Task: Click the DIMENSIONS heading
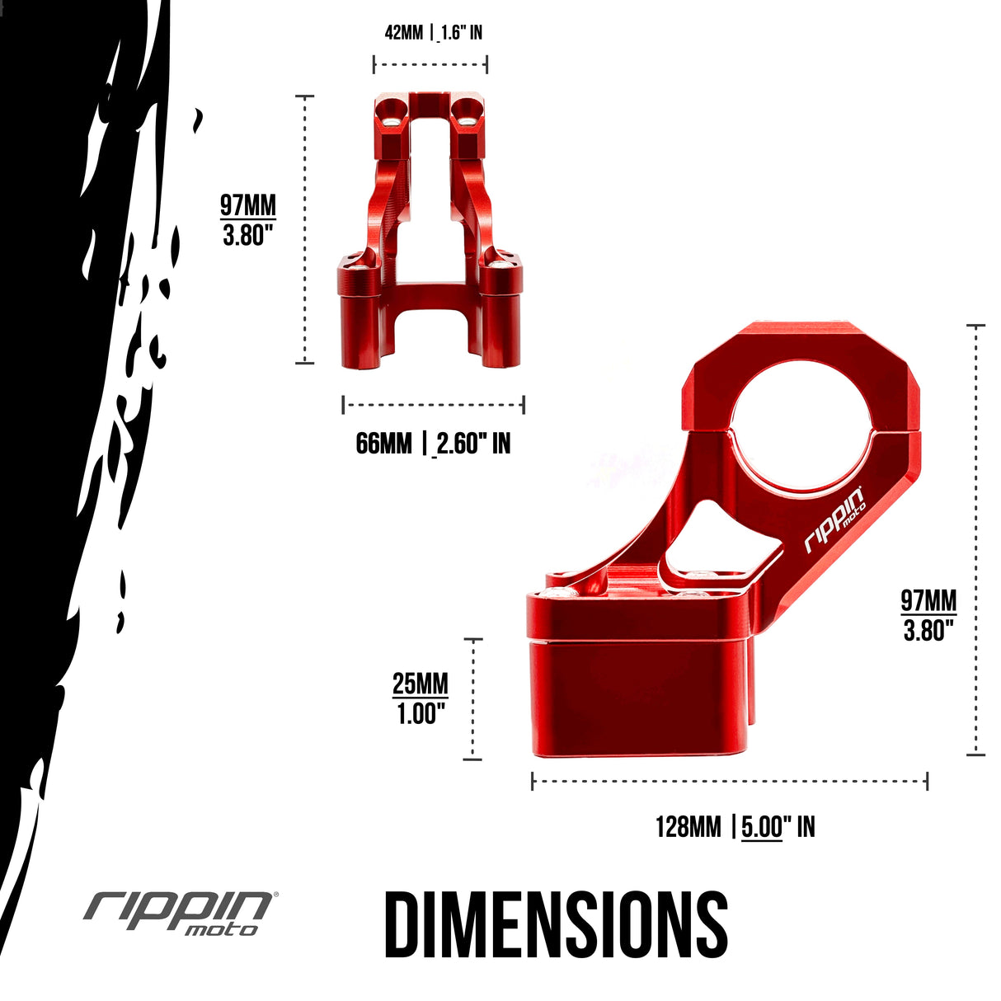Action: (556, 923)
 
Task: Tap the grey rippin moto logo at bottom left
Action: (180, 912)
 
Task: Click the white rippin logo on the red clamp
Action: (834, 521)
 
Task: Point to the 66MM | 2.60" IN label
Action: (433, 444)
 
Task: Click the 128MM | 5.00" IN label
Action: (735, 826)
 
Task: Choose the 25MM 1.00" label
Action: (421, 698)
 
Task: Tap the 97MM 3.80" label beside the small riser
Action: (247, 220)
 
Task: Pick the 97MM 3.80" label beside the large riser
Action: (928, 615)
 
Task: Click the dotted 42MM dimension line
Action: (430, 63)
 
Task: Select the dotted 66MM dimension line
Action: (433, 404)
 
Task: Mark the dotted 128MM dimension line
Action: (730, 780)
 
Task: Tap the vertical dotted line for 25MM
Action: (473, 698)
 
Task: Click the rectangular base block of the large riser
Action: (639, 697)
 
